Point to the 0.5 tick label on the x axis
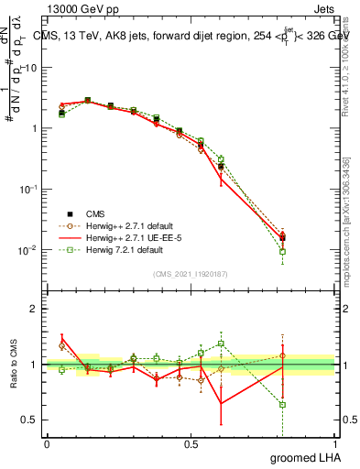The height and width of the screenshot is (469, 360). coord(191,443)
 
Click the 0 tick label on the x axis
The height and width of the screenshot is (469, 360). coord(47,443)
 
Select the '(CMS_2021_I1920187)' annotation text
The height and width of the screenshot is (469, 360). coord(191,273)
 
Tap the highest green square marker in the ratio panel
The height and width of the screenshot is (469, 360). coord(221,344)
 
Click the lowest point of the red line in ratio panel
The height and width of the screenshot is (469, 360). coord(221,403)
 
